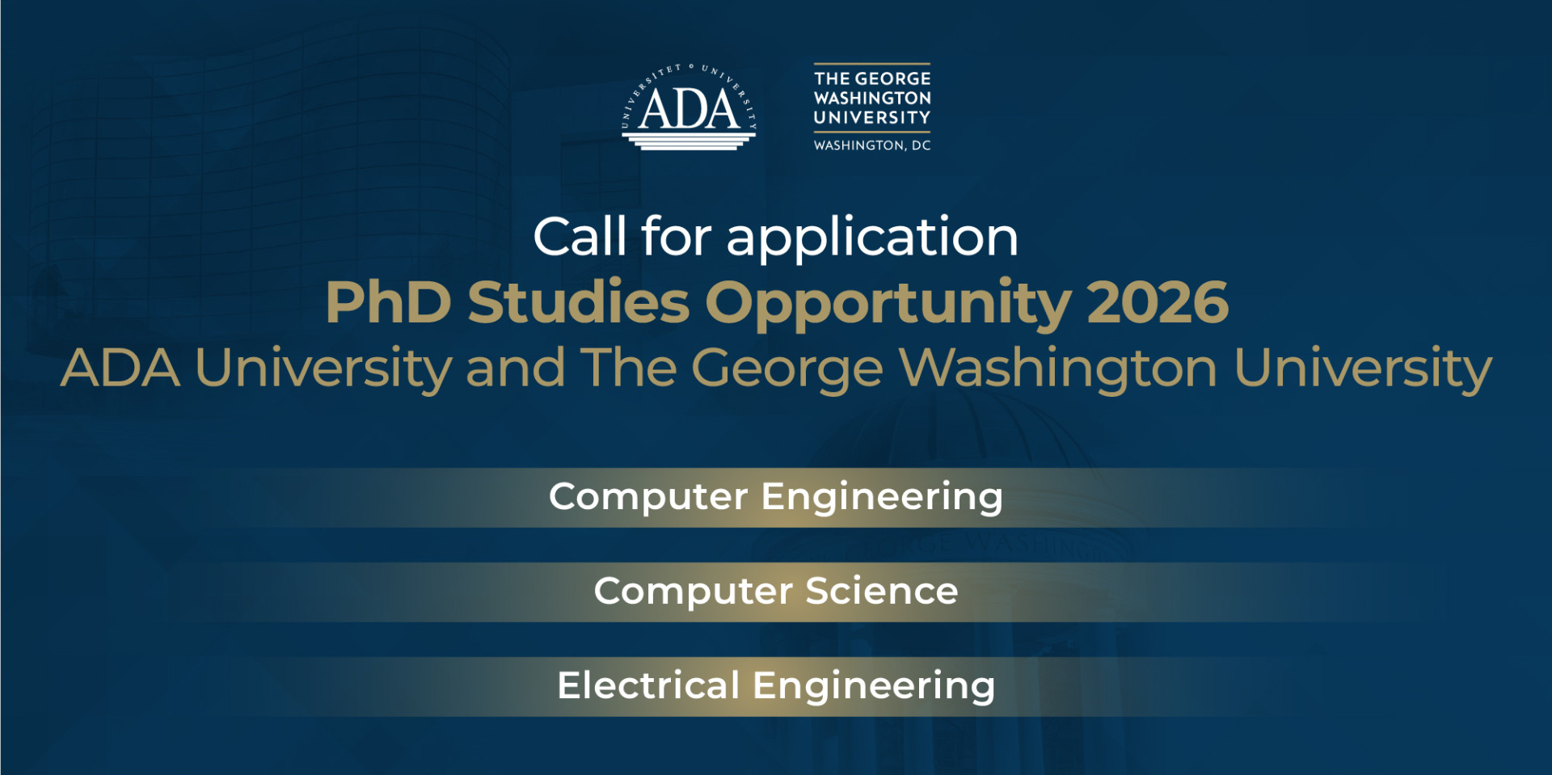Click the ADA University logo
pyautogui.click(x=689, y=107)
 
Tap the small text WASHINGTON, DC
pyautogui.click(x=872, y=145)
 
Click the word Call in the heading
pyautogui.click(x=580, y=237)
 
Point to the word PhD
pyautogui.click(x=388, y=302)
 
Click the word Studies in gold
pyautogui.click(x=579, y=301)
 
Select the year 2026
pyautogui.click(x=1158, y=302)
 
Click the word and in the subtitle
pyautogui.click(x=515, y=368)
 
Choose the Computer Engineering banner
pyautogui.click(x=776, y=497)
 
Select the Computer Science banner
pyautogui.click(x=776, y=592)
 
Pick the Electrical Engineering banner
pyautogui.click(x=776, y=686)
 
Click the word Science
pyautogui.click(x=882, y=592)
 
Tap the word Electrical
pyautogui.click(x=648, y=685)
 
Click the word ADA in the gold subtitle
pyautogui.click(x=120, y=369)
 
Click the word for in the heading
pyautogui.click(x=676, y=237)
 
